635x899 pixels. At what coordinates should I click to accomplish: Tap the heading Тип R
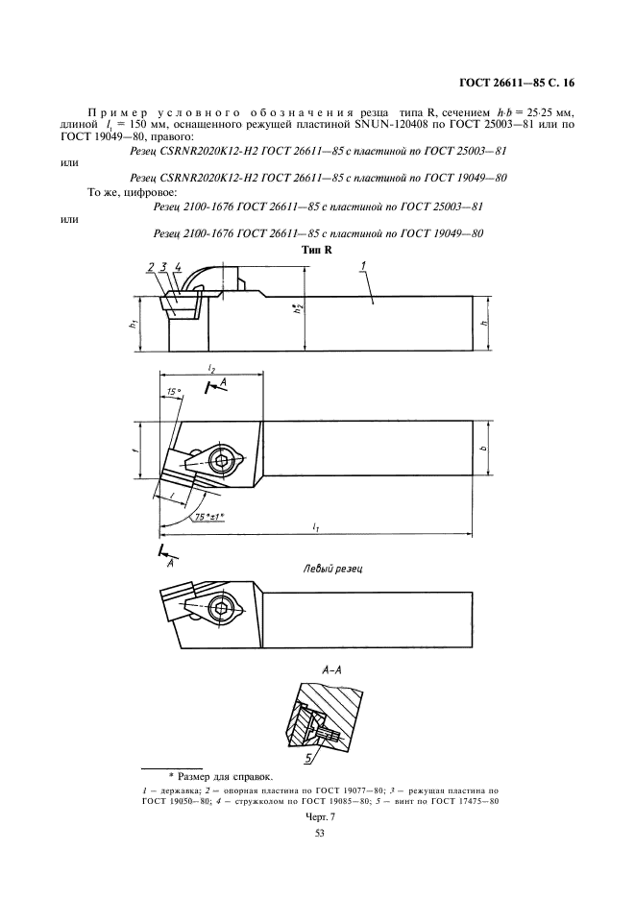[316, 249]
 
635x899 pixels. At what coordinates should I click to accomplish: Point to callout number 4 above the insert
[178, 267]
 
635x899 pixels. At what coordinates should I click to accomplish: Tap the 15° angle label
[173, 392]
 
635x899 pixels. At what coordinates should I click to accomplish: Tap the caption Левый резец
[331, 569]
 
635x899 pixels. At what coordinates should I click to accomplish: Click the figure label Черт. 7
[318, 814]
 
